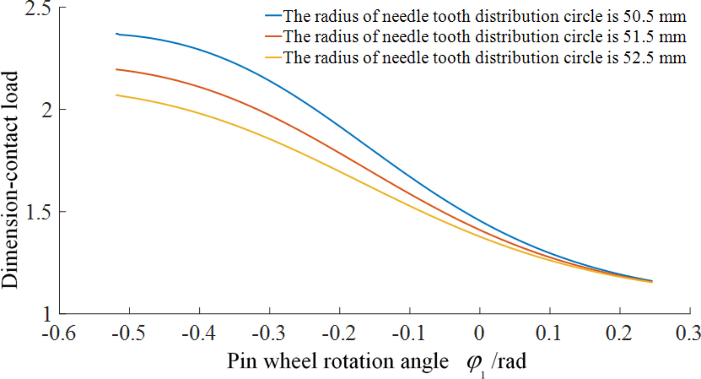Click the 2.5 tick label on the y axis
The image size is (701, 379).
click(x=38, y=8)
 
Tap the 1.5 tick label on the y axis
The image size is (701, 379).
click(x=38, y=212)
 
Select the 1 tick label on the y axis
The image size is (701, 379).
click(x=47, y=314)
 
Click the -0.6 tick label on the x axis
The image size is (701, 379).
click(x=59, y=333)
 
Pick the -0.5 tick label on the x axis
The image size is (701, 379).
click(x=128, y=333)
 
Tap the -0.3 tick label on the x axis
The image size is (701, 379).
click(x=269, y=333)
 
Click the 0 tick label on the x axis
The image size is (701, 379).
click(x=479, y=333)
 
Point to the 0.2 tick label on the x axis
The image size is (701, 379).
click(x=619, y=333)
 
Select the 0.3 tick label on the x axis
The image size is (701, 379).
click(x=688, y=333)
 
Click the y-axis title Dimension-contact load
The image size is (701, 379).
click(x=10, y=180)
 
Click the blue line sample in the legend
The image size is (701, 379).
click(x=273, y=16)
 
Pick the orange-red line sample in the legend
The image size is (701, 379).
click(x=273, y=36)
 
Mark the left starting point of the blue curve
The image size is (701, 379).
click(x=117, y=34)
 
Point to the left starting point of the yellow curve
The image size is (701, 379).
click(x=116, y=95)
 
